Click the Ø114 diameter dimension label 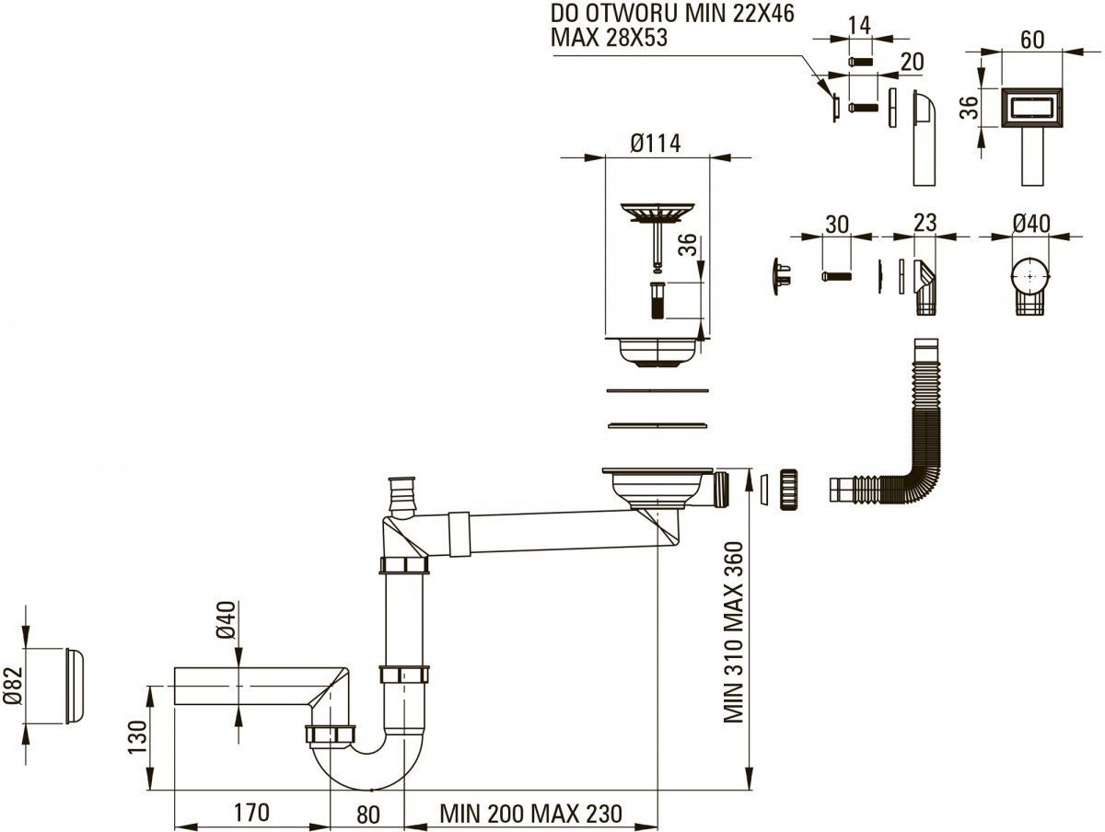656,144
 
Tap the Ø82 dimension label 12,686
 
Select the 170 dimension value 250,814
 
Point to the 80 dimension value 367,814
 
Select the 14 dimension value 858,26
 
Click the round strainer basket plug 655,214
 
